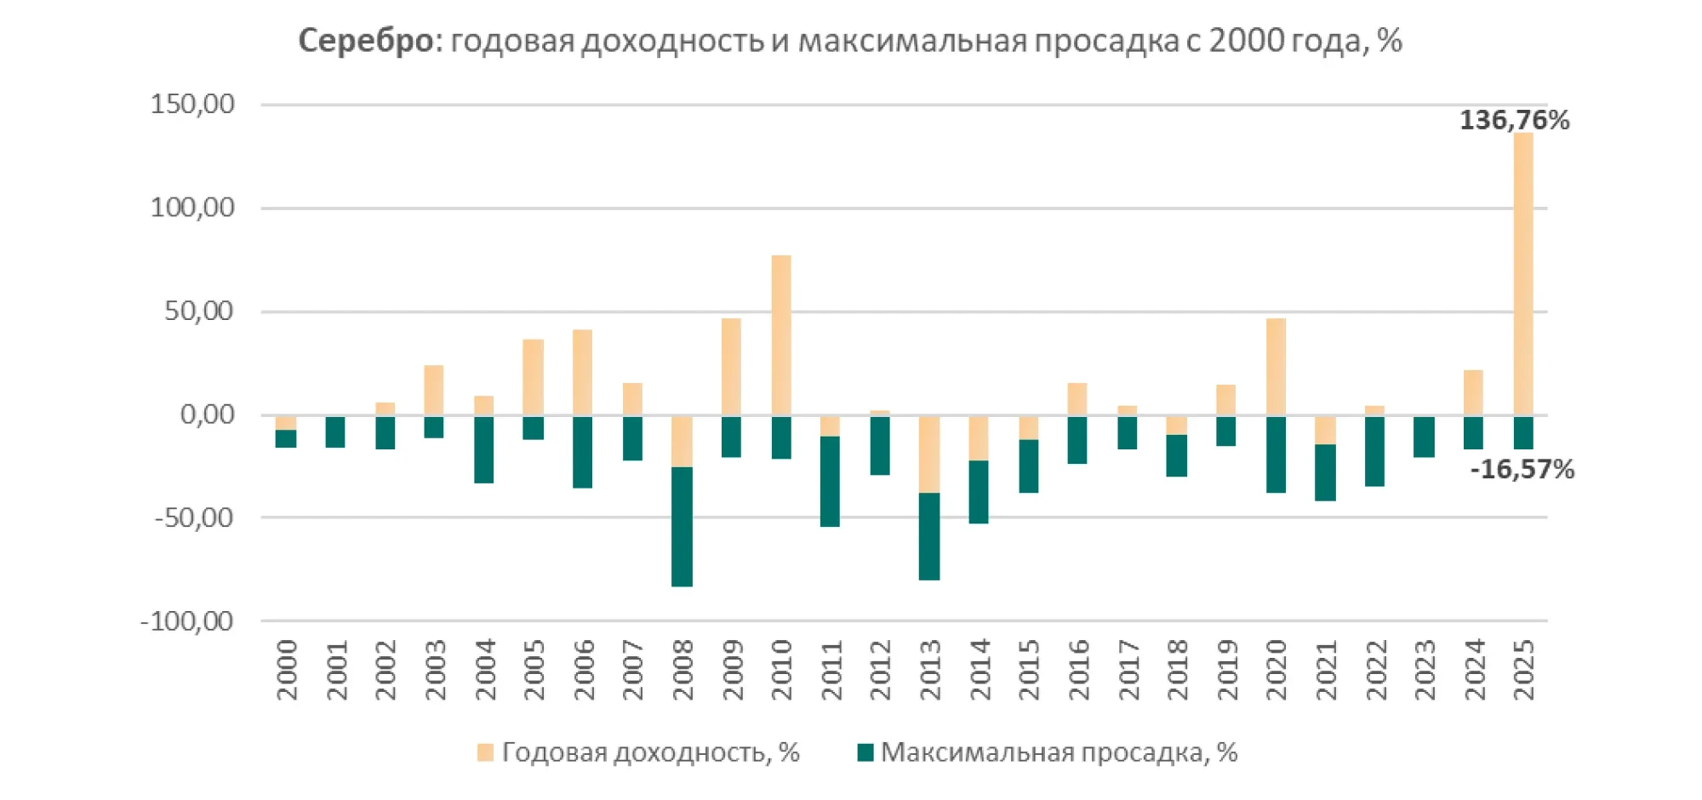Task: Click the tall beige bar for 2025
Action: [1523, 272]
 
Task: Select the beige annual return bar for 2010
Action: [781, 334]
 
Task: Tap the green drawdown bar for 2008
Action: [682, 526]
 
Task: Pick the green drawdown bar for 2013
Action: [929, 536]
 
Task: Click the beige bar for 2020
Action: [1276, 367]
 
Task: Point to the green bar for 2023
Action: [1424, 437]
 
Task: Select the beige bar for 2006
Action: [583, 372]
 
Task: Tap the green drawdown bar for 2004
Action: [484, 449]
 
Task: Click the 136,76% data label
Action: [1514, 120]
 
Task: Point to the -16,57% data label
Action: [1522, 469]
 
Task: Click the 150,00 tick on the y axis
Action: [192, 104]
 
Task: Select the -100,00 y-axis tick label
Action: [186, 621]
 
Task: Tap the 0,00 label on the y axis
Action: [207, 414]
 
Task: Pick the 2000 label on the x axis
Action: [288, 670]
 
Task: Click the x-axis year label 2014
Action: [980, 670]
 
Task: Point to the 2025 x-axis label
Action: [1524, 670]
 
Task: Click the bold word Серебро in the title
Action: [367, 40]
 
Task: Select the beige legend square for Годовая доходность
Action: [485, 752]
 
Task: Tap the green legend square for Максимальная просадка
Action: [865, 752]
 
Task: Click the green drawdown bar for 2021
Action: [1325, 472]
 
